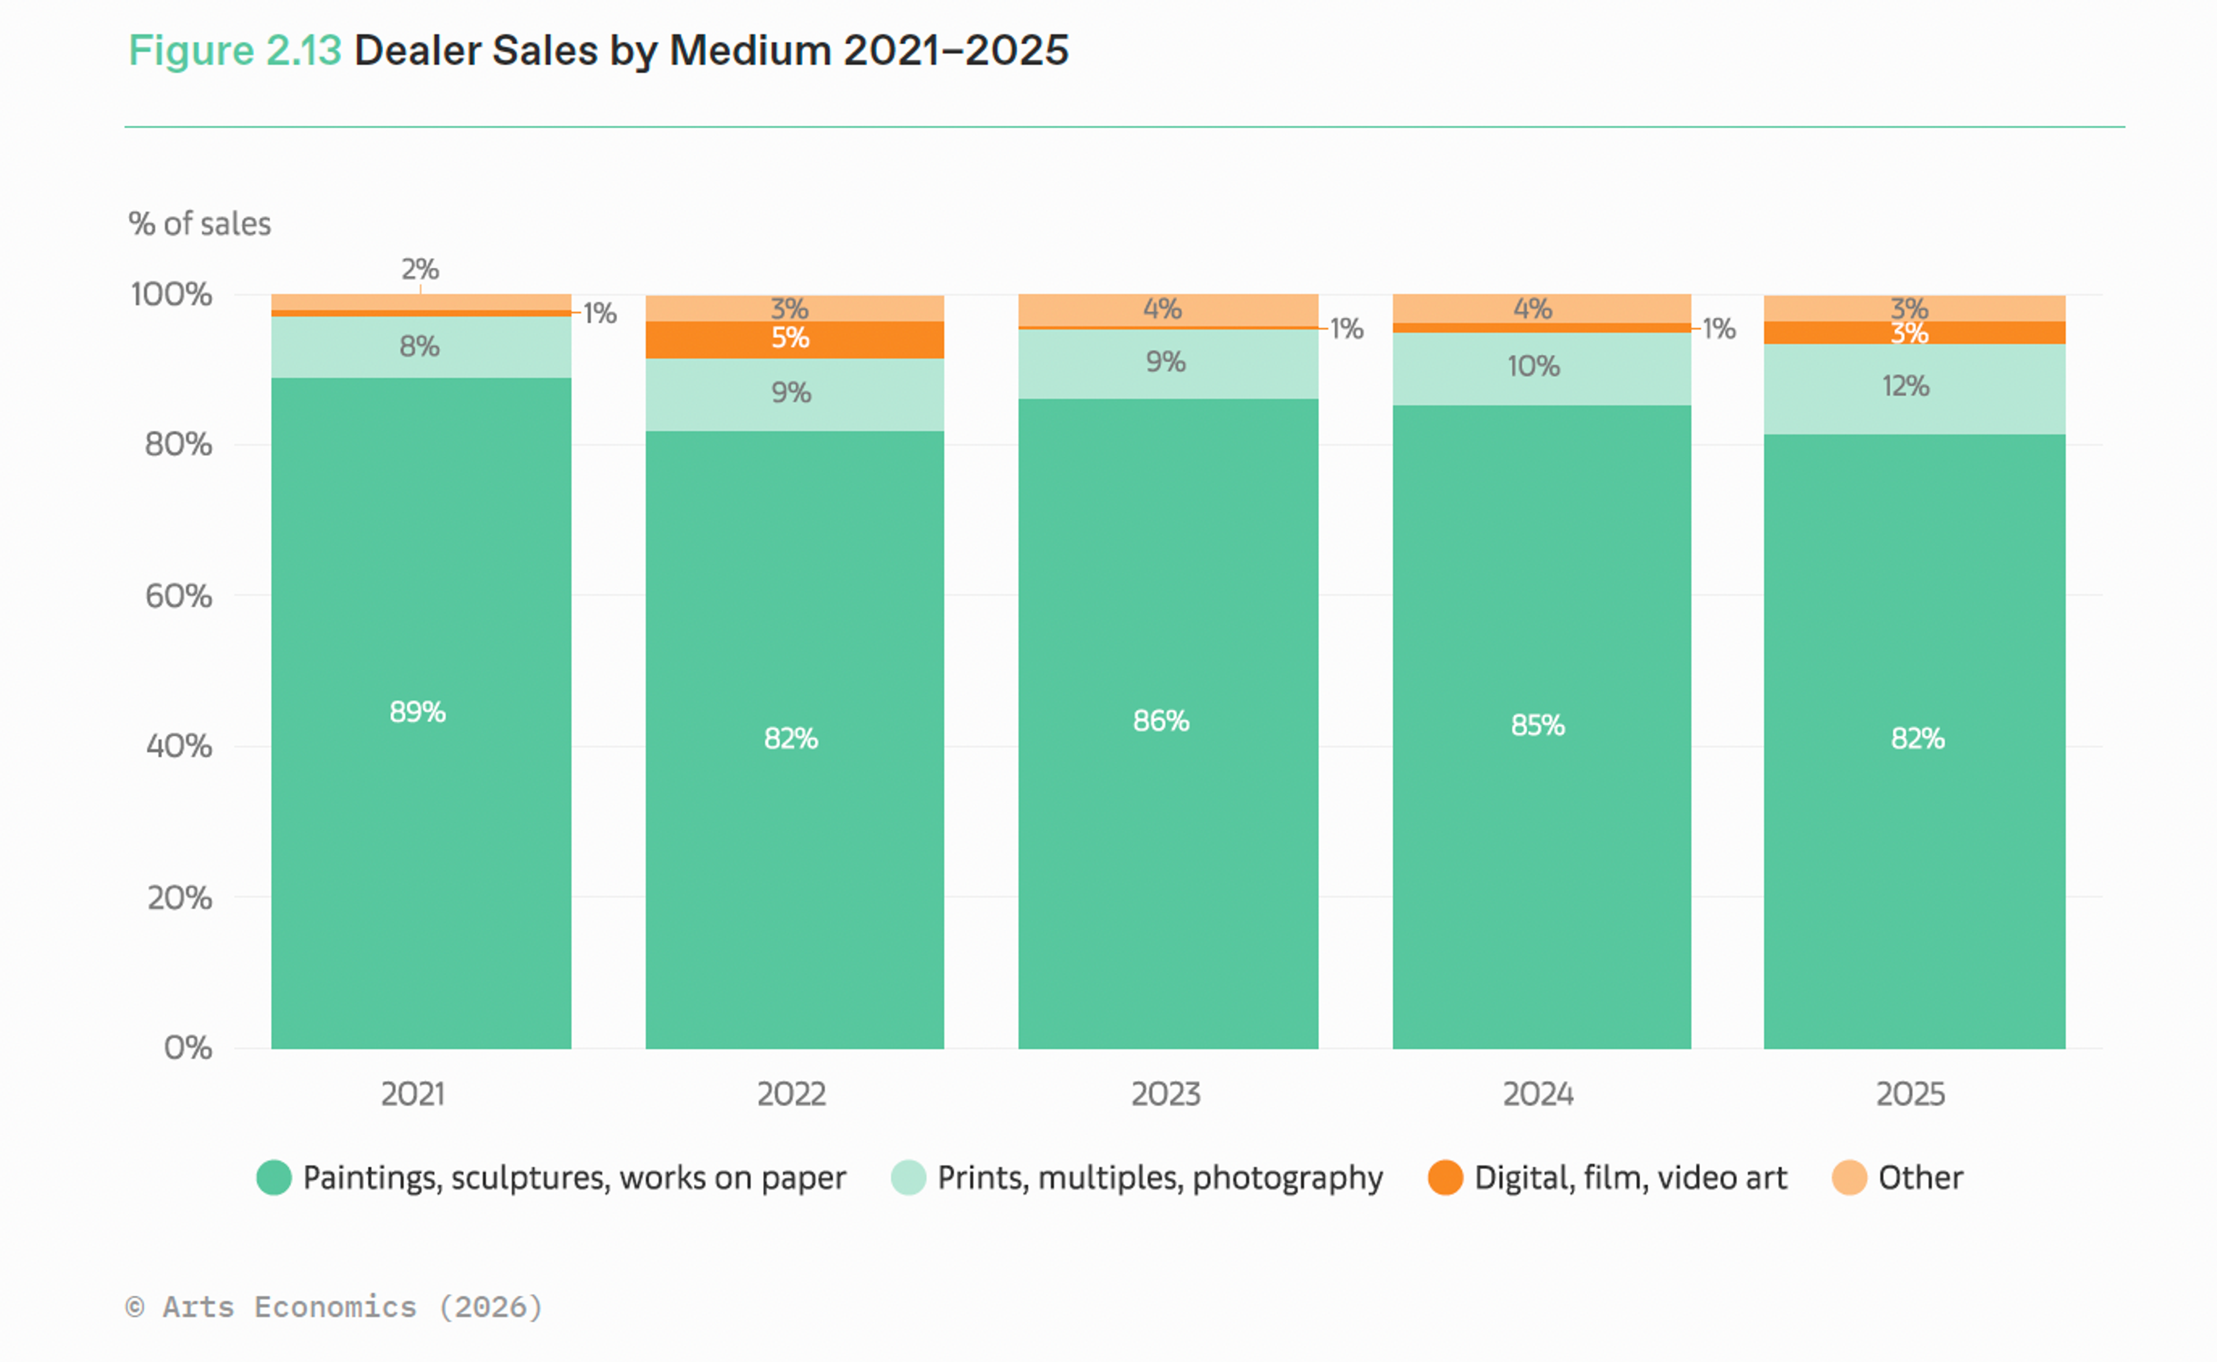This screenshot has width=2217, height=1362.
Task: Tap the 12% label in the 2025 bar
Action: [x=1905, y=386]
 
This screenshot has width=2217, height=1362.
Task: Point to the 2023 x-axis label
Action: [x=1165, y=1094]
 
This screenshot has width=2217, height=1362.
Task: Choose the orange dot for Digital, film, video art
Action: [x=1445, y=1177]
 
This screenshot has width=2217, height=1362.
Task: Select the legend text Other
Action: [x=1920, y=1177]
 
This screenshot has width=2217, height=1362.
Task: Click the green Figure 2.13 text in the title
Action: [x=234, y=50]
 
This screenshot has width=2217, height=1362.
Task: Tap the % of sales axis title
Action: [x=199, y=223]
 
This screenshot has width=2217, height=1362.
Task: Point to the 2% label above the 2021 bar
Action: [x=420, y=268]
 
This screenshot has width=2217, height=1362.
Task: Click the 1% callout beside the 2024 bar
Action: [x=1718, y=329]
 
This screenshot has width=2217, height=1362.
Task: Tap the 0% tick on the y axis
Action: [x=187, y=1047]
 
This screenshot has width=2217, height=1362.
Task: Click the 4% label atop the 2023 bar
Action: [x=1162, y=309]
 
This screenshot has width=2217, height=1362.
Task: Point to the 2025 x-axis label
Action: [x=1910, y=1094]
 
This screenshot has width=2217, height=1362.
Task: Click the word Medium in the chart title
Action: [x=749, y=50]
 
